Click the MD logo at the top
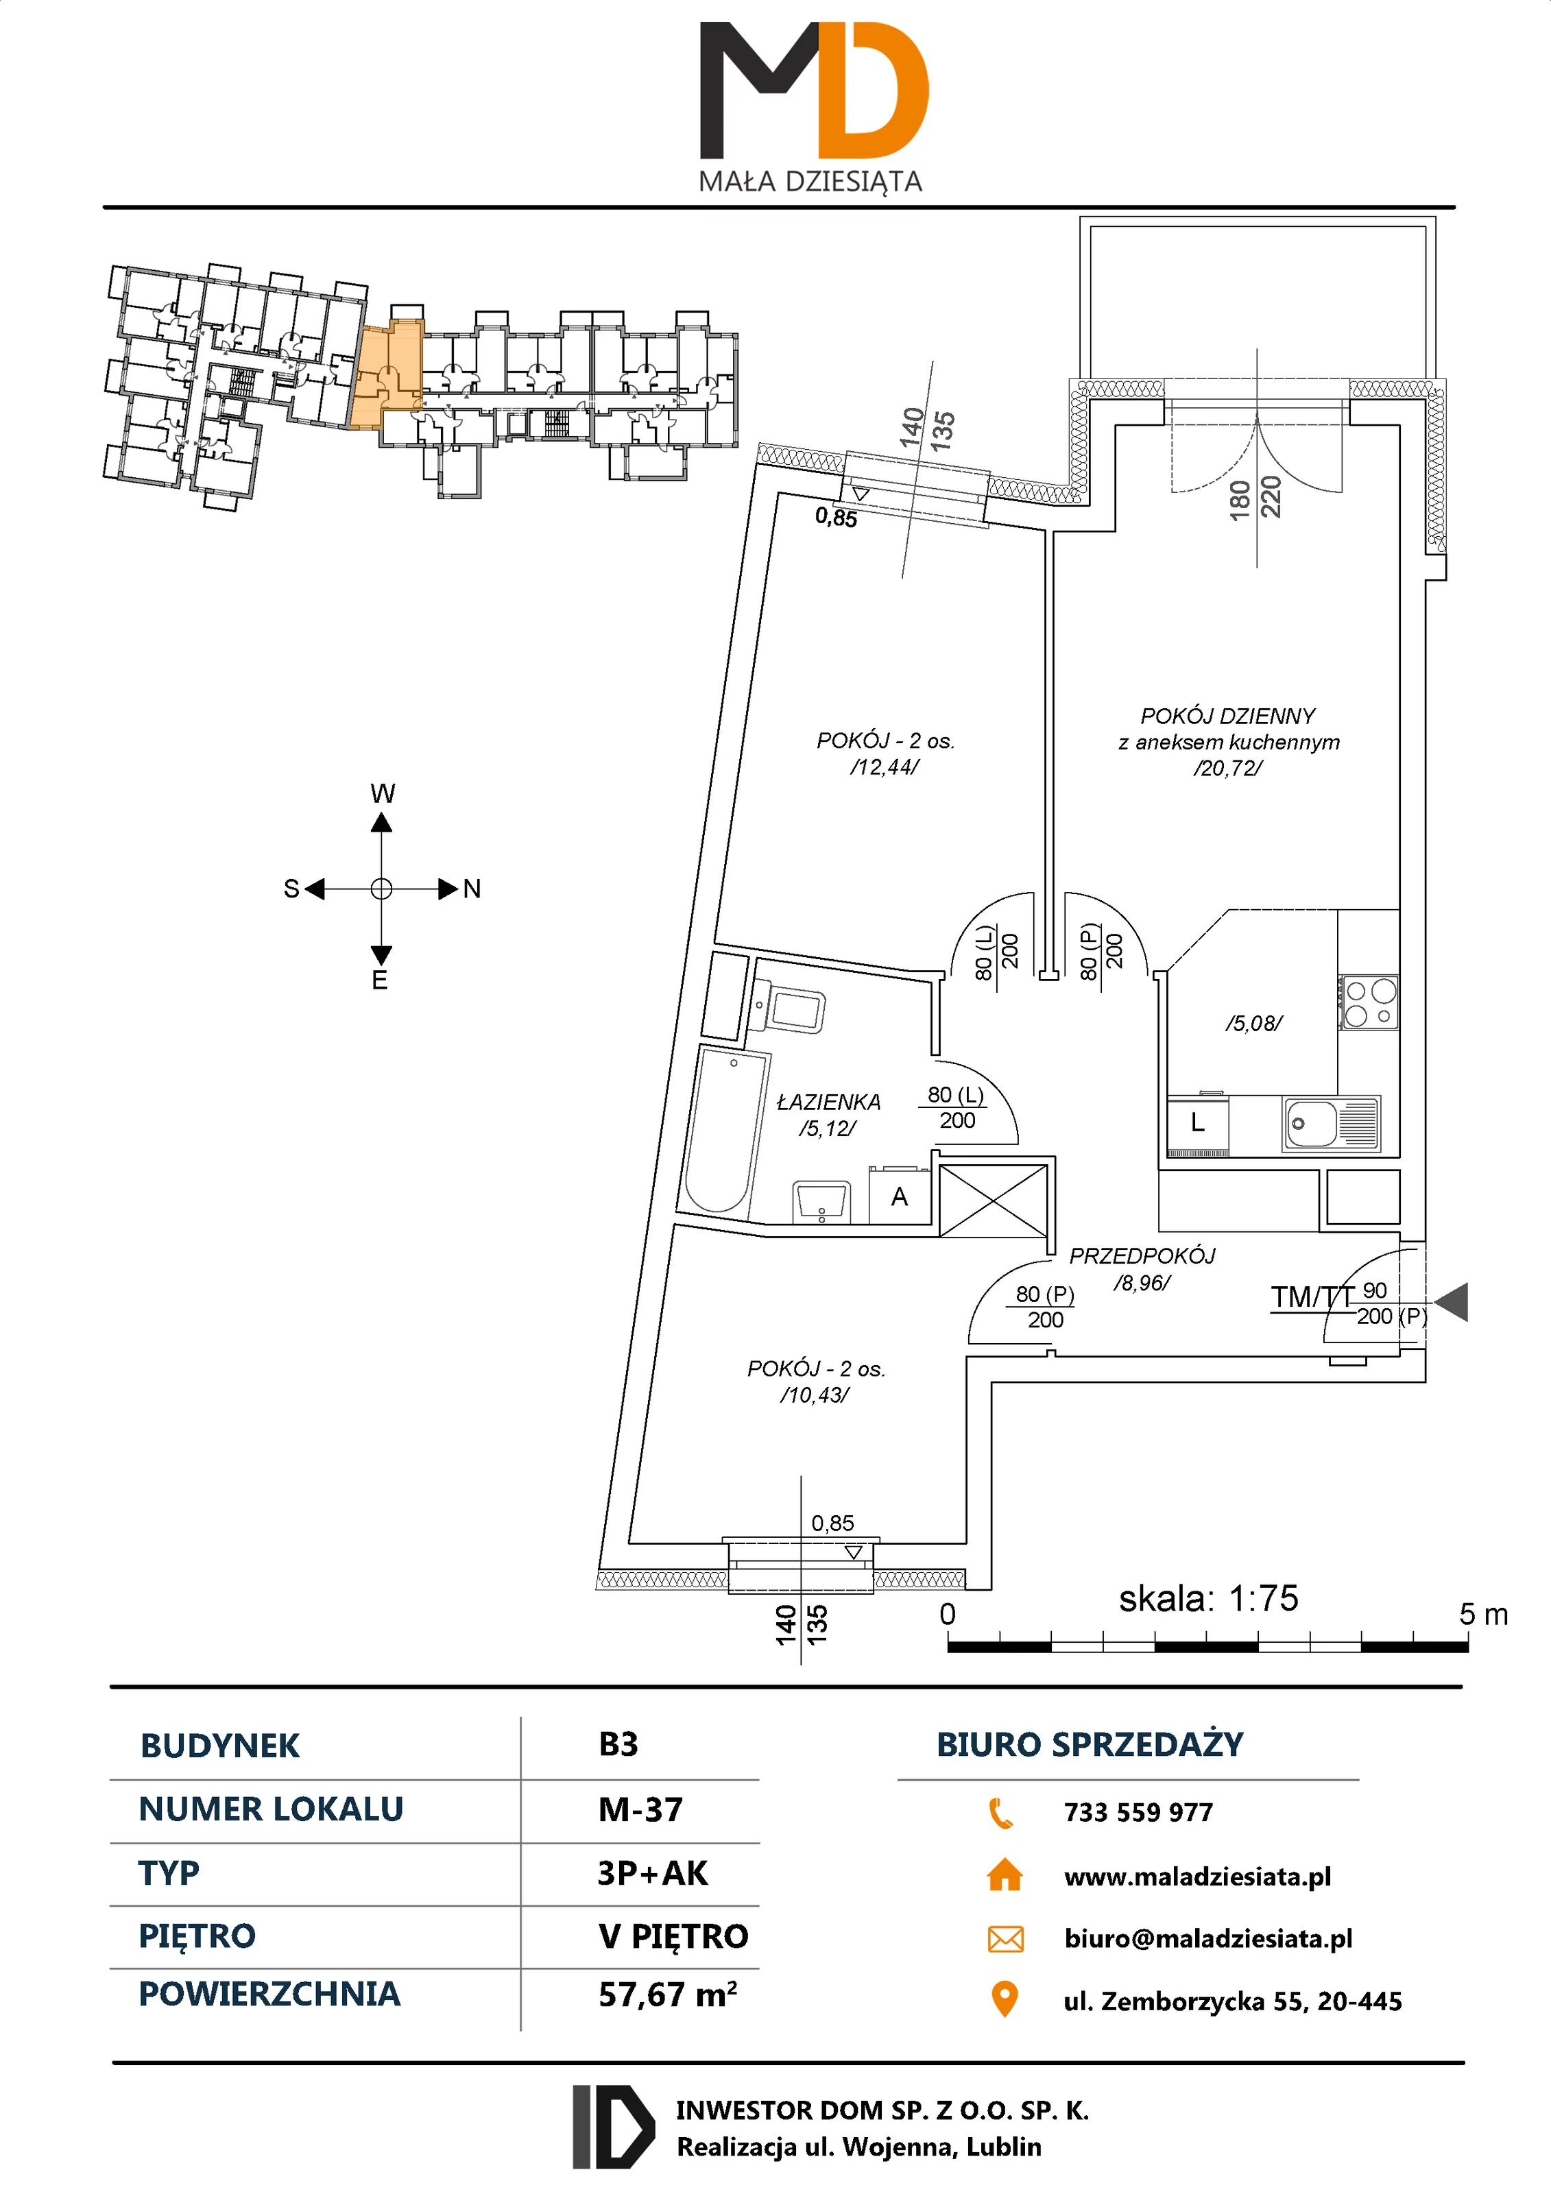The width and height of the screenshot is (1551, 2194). tap(813, 91)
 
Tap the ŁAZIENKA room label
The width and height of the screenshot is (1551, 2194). tap(828, 1102)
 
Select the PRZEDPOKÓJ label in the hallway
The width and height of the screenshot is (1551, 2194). tap(1142, 1255)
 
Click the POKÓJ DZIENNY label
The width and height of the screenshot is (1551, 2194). tap(1227, 716)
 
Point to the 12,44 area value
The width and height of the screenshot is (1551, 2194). tap(884, 767)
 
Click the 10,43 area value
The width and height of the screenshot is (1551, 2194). tap(814, 1395)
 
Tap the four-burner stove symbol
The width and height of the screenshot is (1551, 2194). tap(1369, 1002)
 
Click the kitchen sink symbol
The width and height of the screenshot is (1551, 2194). tap(1330, 1123)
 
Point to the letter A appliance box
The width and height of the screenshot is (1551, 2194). tap(899, 1197)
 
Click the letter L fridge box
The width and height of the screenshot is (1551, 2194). tap(1197, 1124)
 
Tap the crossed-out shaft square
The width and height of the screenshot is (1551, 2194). tap(993, 1201)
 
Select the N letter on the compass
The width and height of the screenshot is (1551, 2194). tap(471, 890)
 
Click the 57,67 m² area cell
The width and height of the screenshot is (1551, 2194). tap(667, 1995)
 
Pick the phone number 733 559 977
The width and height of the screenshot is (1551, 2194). tap(1138, 1812)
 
